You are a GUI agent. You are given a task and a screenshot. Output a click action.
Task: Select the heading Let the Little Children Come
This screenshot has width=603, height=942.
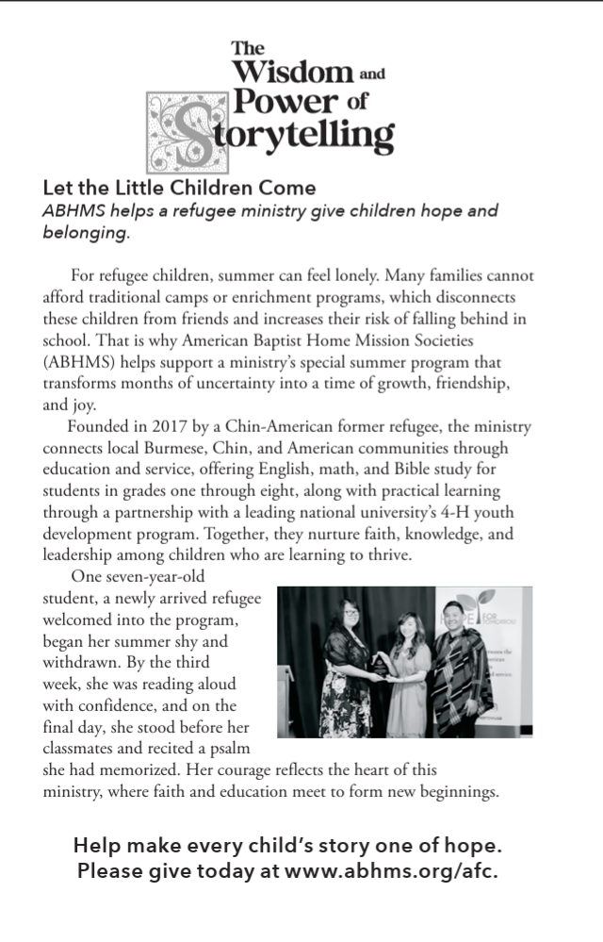(179, 188)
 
